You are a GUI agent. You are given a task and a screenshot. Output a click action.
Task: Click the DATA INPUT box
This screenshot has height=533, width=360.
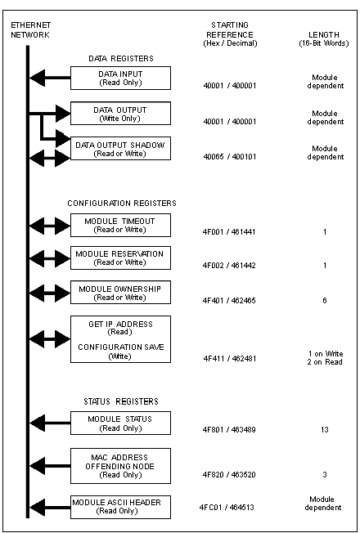[120, 78]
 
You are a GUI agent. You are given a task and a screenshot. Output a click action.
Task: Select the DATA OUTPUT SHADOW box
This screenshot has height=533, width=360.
[120, 149]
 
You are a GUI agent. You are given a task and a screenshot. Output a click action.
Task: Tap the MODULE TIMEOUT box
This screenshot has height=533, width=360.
[120, 225]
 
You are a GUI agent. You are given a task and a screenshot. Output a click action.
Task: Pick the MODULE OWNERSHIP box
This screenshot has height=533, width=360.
[120, 293]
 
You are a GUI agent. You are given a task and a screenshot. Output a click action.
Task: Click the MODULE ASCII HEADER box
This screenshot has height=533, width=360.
[120, 507]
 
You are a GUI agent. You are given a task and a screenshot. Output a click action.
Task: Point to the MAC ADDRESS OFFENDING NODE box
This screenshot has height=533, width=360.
[120, 466]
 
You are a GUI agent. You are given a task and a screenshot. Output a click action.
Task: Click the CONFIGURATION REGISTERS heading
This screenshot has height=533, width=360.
[122, 204]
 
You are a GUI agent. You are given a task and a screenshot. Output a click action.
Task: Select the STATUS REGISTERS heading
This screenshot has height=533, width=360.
[121, 401]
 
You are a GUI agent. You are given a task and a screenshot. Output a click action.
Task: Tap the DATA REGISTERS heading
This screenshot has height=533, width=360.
[121, 59]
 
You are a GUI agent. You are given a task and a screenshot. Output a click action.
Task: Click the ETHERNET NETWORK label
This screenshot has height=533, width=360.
[30, 30]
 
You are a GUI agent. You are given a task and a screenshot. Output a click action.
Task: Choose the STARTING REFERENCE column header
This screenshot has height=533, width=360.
[230, 34]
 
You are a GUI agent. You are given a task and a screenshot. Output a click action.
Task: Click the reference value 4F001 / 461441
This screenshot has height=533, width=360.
[229, 232]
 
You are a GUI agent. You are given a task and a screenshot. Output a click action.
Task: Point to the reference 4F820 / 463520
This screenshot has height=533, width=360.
[229, 474]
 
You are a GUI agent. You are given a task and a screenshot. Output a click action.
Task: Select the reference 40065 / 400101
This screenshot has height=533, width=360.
[229, 157]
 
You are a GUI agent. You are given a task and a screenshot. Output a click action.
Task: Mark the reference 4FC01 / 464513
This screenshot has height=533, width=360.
[227, 508]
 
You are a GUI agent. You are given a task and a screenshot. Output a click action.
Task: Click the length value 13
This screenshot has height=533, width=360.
[325, 430]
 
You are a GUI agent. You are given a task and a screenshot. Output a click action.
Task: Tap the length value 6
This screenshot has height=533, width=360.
[325, 301]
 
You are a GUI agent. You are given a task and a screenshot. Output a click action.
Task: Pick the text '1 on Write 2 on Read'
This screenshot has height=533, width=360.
[325, 358]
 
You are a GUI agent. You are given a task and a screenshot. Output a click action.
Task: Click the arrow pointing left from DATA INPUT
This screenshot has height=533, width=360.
[50, 78]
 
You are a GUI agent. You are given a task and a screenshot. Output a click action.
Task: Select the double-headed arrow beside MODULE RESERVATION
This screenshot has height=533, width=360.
[50, 258]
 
